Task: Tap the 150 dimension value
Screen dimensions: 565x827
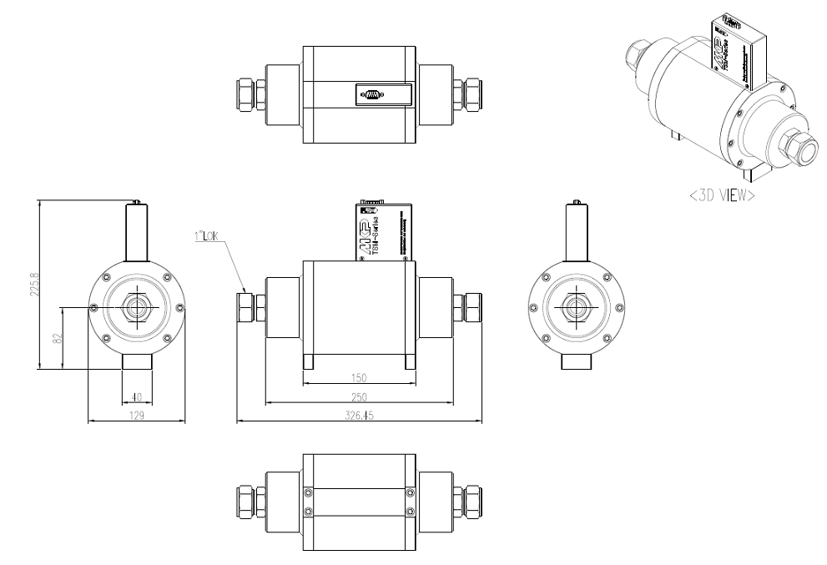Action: click(x=359, y=377)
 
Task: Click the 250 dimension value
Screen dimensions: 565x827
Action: click(x=359, y=397)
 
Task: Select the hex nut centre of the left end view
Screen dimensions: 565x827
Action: click(x=136, y=308)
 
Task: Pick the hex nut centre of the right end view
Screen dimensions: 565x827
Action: click(x=575, y=308)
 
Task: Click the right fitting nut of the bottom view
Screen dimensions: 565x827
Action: click(x=476, y=499)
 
